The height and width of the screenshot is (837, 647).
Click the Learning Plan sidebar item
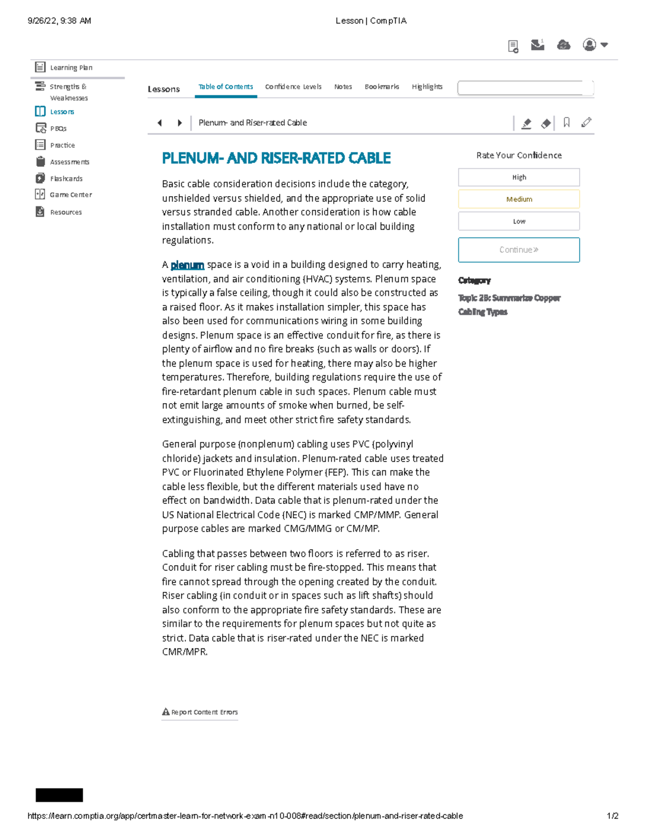71,67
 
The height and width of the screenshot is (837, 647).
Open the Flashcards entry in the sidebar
66,178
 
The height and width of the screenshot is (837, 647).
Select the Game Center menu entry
70,195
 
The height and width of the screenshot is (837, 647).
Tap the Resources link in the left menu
65,212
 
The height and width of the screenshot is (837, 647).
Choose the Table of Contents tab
225,87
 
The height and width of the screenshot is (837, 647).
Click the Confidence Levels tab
293,87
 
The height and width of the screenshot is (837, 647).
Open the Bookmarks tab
382,87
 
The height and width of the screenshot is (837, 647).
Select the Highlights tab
427,87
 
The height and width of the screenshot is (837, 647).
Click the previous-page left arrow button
160,123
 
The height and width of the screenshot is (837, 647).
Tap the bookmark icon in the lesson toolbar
566,123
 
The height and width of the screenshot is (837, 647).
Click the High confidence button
519,177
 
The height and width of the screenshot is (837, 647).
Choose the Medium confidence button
519,199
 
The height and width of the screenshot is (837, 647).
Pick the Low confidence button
519,221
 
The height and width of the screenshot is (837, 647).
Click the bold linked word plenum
187,265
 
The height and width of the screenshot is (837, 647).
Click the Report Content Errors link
200,712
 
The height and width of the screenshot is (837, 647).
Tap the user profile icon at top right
590,45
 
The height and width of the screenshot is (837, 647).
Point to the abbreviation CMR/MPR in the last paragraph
184,652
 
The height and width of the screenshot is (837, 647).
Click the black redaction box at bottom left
59,795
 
